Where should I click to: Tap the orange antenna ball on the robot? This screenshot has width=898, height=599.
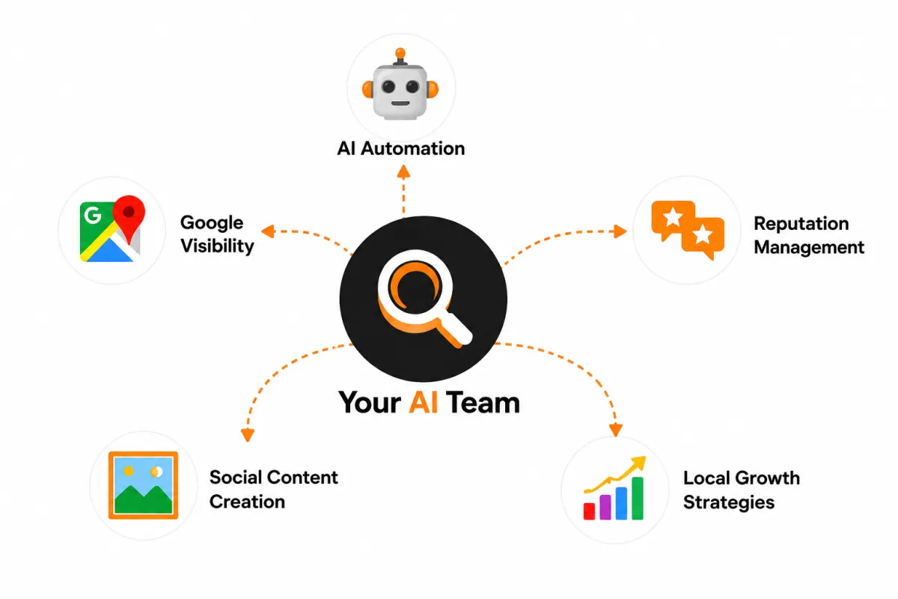point(400,53)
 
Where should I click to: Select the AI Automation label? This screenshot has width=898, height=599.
point(401,148)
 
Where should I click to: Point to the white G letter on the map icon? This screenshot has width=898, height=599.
point(93,215)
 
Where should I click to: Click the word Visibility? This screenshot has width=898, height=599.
point(217,246)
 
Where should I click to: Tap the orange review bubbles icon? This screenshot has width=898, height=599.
point(688,230)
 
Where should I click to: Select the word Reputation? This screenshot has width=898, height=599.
point(801,224)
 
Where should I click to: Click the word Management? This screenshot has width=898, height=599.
point(809,247)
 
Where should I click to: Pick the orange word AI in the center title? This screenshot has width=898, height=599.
point(423,402)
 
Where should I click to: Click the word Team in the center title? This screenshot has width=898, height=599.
point(483,402)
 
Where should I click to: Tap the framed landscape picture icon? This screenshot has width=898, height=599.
point(143,485)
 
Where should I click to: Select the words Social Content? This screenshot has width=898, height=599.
point(274,478)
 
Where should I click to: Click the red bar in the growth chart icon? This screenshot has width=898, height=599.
point(589,511)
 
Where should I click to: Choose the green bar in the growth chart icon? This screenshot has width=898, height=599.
point(638,499)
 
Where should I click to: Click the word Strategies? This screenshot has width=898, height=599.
point(729,502)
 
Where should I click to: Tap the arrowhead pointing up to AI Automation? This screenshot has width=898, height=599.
point(403,171)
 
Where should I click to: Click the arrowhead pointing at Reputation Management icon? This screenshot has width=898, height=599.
point(620,231)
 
